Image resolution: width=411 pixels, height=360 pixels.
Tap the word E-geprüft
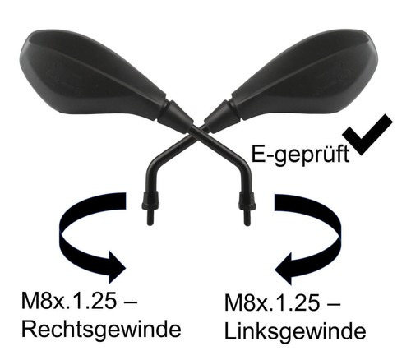[300, 155]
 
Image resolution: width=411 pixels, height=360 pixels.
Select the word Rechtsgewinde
[101, 329]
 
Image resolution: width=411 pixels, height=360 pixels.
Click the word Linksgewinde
[295, 331]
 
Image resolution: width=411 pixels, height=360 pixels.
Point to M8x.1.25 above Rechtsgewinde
[68, 302]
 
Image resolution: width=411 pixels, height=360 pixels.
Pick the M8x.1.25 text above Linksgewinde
[272, 303]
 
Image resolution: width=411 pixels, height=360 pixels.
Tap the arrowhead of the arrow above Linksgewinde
[283, 269]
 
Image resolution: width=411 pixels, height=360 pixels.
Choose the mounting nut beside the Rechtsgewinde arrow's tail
[150, 200]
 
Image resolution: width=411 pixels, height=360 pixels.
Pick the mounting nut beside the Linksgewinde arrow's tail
[247, 200]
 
